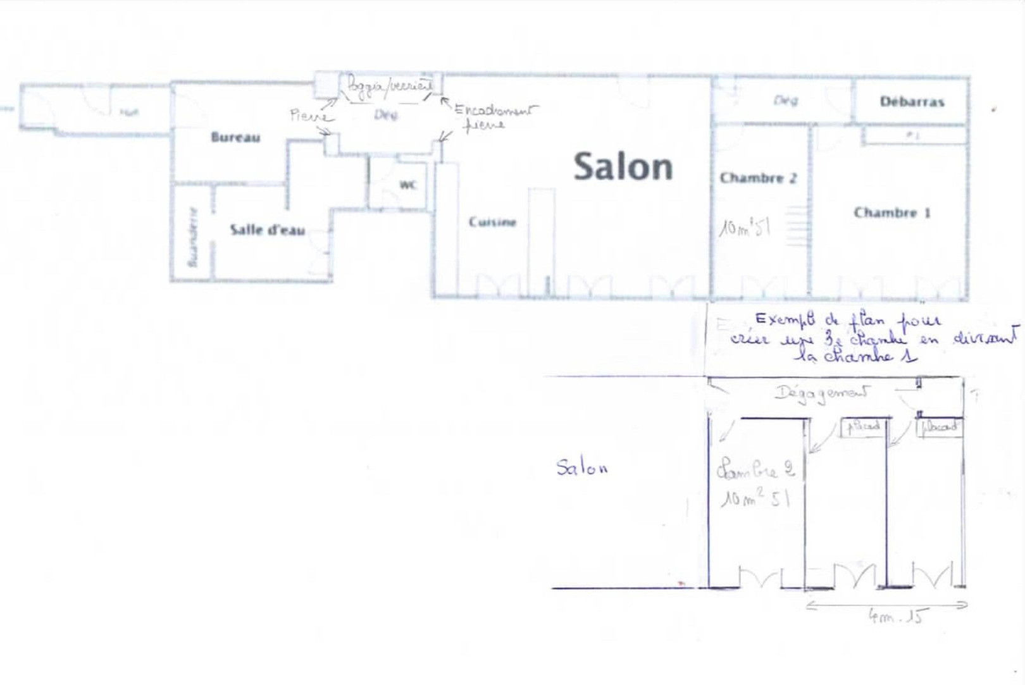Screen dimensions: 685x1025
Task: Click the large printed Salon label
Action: click(623, 167)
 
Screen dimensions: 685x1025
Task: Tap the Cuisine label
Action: click(492, 222)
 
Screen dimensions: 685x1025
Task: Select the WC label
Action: click(408, 185)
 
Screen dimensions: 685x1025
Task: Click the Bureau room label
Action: click(235, 137)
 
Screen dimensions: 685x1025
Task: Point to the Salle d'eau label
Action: click(267, 230)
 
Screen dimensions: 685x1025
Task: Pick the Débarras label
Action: click(912, 102)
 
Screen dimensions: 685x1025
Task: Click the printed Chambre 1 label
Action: click(891, 213)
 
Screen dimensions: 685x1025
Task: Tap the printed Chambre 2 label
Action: click(758, 178)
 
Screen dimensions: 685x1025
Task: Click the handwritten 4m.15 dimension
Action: click(895, 617)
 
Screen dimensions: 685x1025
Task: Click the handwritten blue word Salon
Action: click(581, 467)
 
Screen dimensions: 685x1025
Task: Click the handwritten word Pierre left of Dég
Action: click(309, 115)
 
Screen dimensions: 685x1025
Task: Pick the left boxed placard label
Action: click(864, 427)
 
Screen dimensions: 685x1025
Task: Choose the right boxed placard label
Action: click(940, 427)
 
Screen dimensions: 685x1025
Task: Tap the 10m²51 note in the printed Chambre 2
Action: click(745, 227)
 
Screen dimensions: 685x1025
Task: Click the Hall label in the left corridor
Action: click(129, 113)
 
